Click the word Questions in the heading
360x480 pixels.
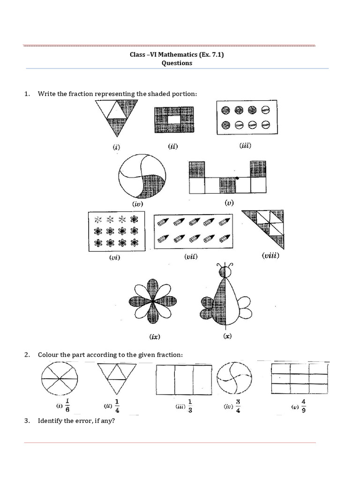(x=177, y=63)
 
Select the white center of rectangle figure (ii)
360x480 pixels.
(x=173, y=120)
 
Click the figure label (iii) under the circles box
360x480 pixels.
(x=245, y=146)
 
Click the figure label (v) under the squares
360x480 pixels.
(x=229, y=202)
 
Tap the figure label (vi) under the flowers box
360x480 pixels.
(x=114, y=257)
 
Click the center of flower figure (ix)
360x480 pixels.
(x=153, y=302)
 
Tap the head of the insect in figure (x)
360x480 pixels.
(x=226, y=271)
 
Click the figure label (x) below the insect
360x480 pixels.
(x=227, y=336)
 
